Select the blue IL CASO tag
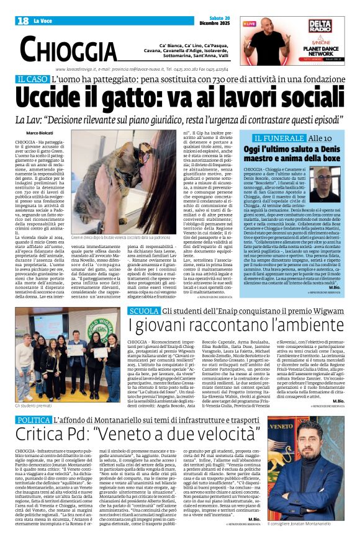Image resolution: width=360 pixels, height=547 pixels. tap(32, 79)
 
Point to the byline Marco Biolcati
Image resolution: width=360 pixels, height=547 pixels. tap(40, 133)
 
